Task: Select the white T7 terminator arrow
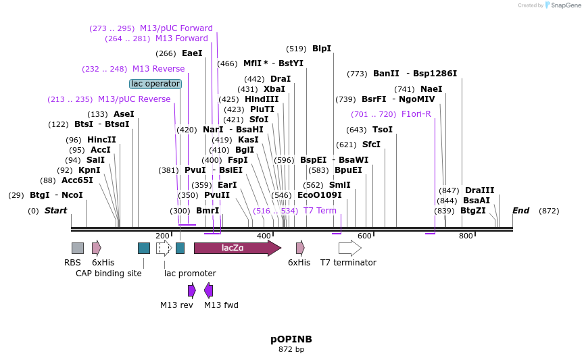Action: pos(349,248)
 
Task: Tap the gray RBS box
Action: pos(78,248)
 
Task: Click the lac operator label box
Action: pos(155,84)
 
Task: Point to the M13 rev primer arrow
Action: pos(192,290)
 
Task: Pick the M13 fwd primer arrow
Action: pos(209,290)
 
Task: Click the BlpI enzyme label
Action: pos(322,49)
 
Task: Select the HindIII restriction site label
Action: pos(262,99)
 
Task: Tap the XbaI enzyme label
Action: pos(274,89)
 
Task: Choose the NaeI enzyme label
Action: pos(431,89)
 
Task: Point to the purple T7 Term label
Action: pos(320,211)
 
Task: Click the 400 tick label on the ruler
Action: pos(264,236)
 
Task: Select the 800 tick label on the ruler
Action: pos(466,236)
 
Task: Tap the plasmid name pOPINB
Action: pos(291,339)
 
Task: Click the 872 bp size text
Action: pos(291,350)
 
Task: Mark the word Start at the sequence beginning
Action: pos(55,211)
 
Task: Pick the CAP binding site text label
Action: pos(109,274)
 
